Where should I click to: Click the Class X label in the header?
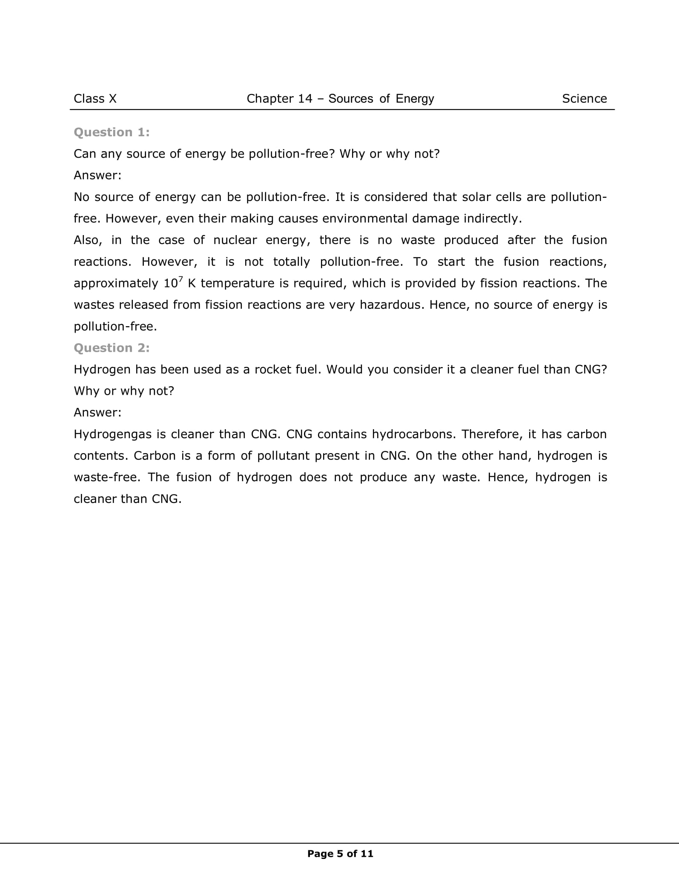point(95,99)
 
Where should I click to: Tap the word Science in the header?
point(584,99)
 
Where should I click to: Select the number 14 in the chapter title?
point(305,99)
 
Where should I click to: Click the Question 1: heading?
point(112,132)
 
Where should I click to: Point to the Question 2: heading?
point(112,348)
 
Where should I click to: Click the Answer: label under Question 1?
point(97,175)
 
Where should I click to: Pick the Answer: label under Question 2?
point(97,412)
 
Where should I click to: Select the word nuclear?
point(235,240)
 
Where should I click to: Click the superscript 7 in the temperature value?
point(180,279)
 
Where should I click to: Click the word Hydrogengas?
point(112,434)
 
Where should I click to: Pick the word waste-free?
point(106,477)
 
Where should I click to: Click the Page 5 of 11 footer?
point(340,853)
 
